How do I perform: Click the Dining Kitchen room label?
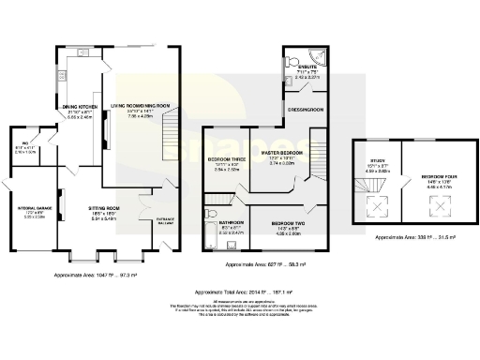pyautogui.click(x=79, y=108)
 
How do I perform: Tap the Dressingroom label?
pyautogui.click(x=305, y=110)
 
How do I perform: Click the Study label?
pyautogui.click(x=374, y=167)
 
